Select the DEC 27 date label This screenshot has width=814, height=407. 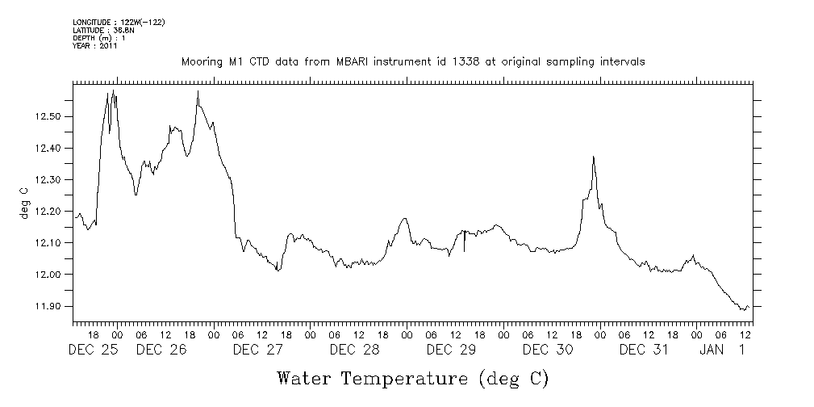[x=258, y=350]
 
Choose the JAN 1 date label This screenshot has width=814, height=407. [x=724, y=350]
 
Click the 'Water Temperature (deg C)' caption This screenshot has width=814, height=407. [x=412, y=378]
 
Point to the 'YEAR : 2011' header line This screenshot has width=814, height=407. [x=95, y=47]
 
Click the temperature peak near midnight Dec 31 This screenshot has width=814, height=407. [x=594, y=157]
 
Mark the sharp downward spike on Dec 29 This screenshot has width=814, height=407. [x=464, y=250]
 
